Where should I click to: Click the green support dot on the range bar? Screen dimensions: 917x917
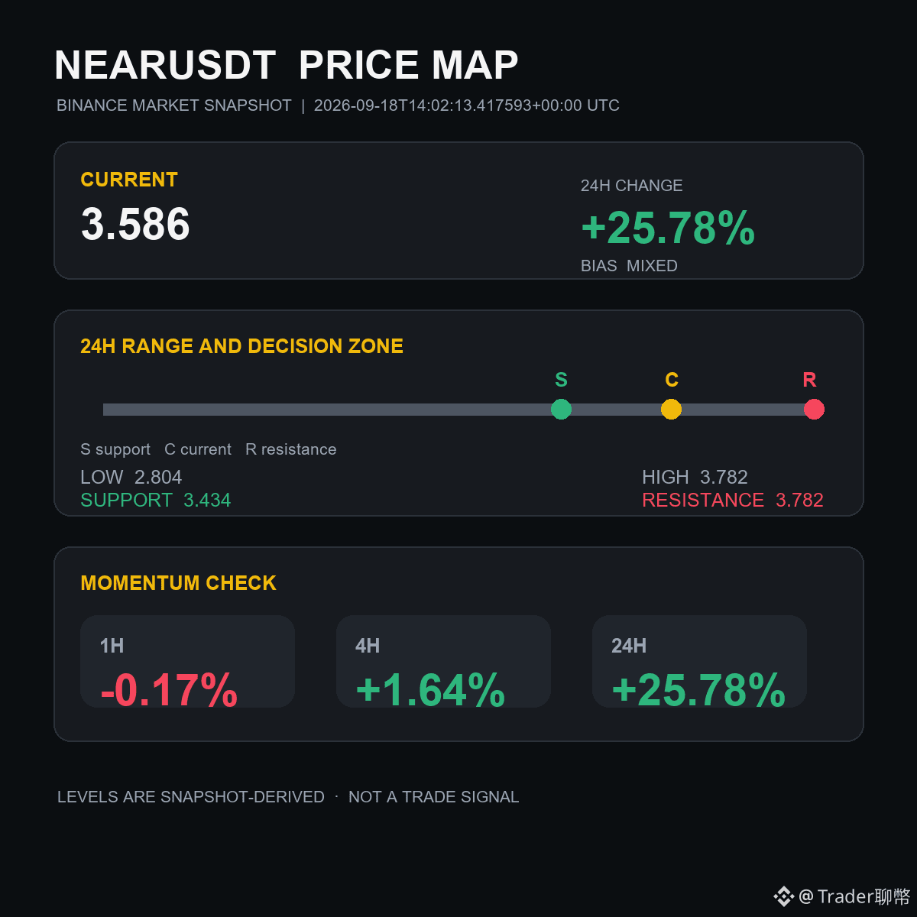pyautogui.click(x=561, y=410)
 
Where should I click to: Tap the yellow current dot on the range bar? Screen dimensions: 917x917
pyautogui.click(x=671, y=410)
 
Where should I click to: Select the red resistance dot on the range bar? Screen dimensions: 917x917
pyautogui.click(x=814, y=410)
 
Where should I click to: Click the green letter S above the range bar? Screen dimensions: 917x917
pyautogui.click(x=561, y=380)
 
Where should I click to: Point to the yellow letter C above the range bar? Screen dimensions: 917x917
pyautogui.click(x=672, y=380)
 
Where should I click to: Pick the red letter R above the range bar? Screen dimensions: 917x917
pyautogui.click(x=809, y=380)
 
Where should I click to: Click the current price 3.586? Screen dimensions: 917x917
pyautogui.click(x=135, y=224)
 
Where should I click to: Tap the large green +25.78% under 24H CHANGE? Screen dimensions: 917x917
pyautogui.click(x=668, y=228)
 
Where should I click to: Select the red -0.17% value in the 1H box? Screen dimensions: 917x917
pyautogui.click(x=169, y=689)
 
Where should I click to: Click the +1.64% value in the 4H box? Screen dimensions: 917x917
pyautogui.click(x=431, y=689)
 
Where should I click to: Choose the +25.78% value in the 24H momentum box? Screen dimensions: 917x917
pyautogui.click(x=698, y=689)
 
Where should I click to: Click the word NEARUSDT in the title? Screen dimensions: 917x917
pyautogui.click(x=165, y=65)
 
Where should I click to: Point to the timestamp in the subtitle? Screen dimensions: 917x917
pyautogui.click(x=466, y=105)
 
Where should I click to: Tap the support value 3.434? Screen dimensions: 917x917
pyautogui.click(x=207, y=500)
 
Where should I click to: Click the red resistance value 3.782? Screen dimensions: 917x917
pyautogui.click(x=799, y=500)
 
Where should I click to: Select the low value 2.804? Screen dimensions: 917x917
pyautogui.click(x=158, y=478)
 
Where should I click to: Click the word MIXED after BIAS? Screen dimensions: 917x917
pyautogui.click(x=652, y=265)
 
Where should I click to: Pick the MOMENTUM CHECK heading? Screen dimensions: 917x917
pyautogui.click(x=179, y=583)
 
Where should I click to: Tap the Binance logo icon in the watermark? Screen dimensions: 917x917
pyautogui.click(x=783, y=896)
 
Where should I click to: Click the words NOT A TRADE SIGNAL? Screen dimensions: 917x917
pyautogui.click(x=433, y=796)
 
